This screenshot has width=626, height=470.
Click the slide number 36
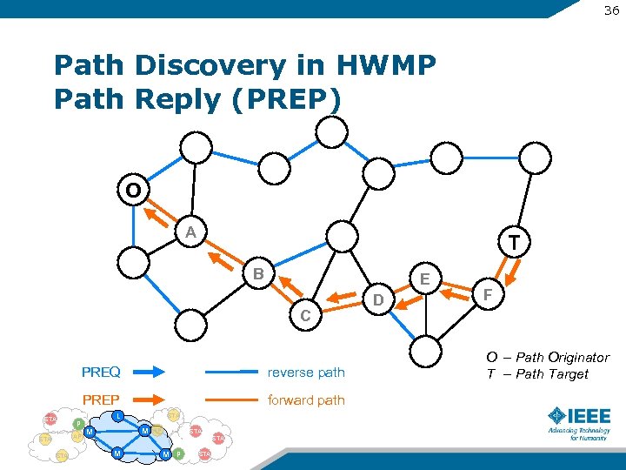610,10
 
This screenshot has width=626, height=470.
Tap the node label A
190,232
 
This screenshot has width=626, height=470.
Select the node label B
258,275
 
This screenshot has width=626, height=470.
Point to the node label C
305,316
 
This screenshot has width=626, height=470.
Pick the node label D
378,301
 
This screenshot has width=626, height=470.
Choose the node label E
425,279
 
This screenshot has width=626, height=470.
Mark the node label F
488,296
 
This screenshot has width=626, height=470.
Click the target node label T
515,243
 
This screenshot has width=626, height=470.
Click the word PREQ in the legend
101,373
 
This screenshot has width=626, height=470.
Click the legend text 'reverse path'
306,373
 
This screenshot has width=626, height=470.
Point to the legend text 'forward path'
306,400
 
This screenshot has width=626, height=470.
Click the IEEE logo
578,423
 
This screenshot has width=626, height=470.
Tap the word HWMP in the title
383,65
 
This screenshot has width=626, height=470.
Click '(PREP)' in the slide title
283,98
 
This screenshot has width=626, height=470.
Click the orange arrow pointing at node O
158,213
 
